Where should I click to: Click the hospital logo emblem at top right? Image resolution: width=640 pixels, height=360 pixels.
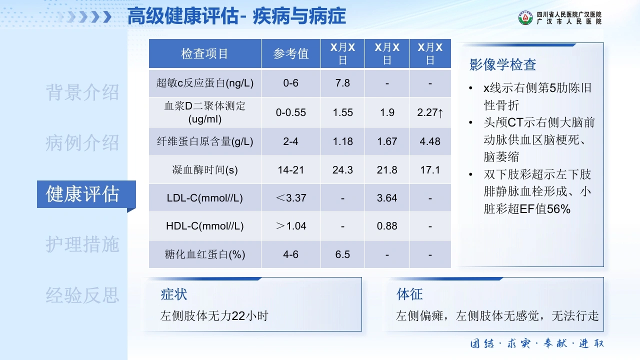(525, 17)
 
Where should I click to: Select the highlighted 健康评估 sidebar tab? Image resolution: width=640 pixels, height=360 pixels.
(82, 194)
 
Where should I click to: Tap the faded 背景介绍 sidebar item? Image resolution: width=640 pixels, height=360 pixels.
(82, 92)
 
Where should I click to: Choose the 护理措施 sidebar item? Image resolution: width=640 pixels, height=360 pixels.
(82, 244)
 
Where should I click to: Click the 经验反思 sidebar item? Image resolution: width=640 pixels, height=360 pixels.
(82, 295)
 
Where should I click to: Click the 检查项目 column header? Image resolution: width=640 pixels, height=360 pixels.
(204, 53)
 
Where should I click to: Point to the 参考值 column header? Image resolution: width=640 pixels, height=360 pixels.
(291, 53)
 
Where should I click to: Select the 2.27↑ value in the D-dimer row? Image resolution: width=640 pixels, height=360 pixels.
(430, 112)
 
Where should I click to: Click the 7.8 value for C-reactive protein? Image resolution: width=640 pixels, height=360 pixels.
(342, 83)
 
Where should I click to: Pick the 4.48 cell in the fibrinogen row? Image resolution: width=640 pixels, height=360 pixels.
(430, 141)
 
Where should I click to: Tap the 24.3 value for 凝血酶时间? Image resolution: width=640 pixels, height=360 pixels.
(342, 170)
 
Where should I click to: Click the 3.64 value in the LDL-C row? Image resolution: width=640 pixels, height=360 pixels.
(387, 198)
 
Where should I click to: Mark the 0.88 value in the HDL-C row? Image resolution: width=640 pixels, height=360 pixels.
(387, 226)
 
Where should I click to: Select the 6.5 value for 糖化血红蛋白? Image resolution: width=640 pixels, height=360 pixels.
(342, 254)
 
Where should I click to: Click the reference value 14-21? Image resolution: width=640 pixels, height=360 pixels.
(291, 170)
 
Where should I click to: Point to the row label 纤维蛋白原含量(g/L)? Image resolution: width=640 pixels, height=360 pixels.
(205, 141)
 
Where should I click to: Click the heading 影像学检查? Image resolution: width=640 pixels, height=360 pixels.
(502, 64)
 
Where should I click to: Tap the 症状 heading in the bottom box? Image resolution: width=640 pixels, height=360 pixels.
(173, 294)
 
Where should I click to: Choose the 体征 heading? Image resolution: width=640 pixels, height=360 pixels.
(409, 294)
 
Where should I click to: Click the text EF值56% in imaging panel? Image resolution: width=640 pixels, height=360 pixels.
(545, 209)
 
